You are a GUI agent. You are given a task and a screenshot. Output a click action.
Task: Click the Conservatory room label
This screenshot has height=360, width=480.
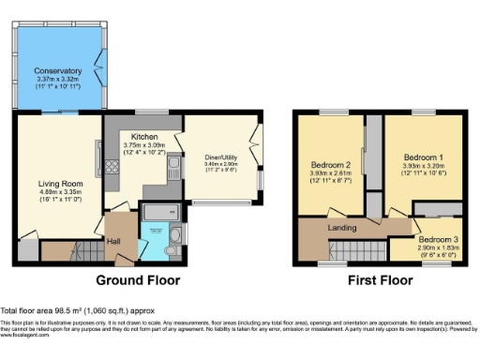pos(58,71)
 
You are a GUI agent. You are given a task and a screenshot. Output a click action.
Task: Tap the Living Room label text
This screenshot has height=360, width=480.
pos(58,184)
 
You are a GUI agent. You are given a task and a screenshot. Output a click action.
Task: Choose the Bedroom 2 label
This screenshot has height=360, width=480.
pos(330,166)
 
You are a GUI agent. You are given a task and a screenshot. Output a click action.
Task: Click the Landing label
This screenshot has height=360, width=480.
pos(339,227)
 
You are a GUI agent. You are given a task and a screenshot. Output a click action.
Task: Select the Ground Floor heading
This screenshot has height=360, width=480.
pos(138,280)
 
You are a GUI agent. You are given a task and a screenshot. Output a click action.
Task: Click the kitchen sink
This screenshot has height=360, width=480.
pos(172,169)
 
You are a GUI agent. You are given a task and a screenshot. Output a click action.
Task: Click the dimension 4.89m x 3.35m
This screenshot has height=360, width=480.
pos(58,193)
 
